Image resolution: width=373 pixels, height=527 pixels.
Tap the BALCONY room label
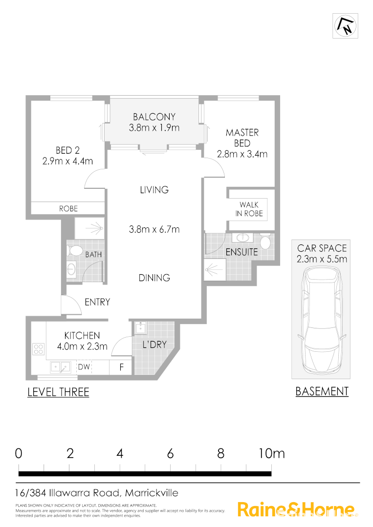[154, 117]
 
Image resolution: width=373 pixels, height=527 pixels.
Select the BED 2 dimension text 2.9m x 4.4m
[67, 161]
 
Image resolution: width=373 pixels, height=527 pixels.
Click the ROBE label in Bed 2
[68, 208]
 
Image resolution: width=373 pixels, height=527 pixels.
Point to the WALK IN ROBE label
[251, 209]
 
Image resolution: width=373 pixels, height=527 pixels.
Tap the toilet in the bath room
[75, 251]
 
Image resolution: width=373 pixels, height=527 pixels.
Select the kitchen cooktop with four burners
[39, 349]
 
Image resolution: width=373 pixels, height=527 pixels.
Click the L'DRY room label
[154, 345]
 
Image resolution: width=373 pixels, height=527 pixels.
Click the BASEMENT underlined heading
[322, 391]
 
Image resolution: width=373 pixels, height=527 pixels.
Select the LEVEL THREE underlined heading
[58, 392]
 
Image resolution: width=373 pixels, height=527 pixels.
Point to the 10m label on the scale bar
[271, 453]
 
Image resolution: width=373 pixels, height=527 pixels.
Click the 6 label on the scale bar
[170, 453]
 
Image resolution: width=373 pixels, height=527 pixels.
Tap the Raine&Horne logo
[295, 509]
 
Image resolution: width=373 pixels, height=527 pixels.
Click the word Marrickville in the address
[152, 493]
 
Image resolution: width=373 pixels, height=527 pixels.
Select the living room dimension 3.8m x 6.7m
[154, 229]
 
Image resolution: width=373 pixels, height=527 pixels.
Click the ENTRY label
[97, 302]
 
